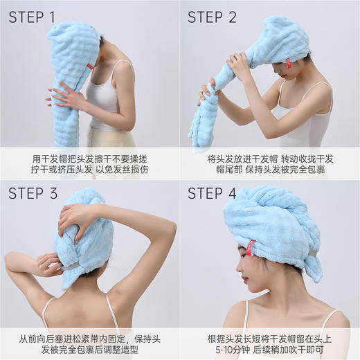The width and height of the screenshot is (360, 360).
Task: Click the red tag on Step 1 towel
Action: point(90,66)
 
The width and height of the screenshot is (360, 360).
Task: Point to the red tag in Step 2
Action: point(288,63)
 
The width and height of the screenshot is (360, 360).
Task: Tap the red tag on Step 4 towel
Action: point(250,247)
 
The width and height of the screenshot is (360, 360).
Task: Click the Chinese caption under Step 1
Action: point(89,163)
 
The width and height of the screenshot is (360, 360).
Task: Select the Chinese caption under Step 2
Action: point(270,163)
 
